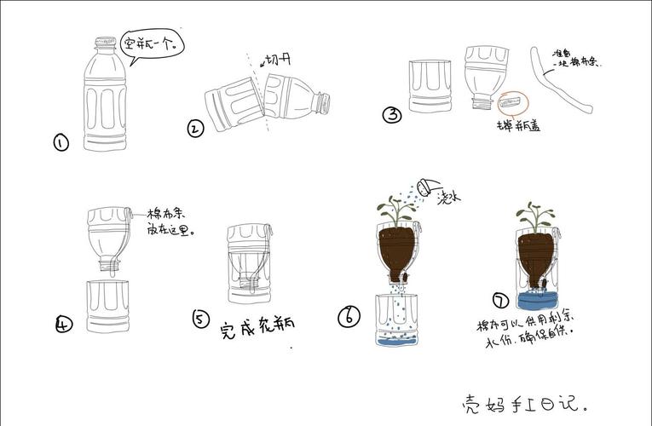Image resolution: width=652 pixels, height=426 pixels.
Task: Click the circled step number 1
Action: click(x=61, y=143)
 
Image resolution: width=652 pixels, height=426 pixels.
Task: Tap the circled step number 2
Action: click(x=195, y=130)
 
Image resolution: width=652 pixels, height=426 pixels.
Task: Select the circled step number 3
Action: click(x=392, y=115)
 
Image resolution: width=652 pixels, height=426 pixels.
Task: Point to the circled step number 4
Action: click(x=64, y=324)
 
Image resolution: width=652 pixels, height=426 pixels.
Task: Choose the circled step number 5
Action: click(x=200, y=319)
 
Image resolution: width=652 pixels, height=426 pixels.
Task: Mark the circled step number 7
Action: click(x=501, y=300)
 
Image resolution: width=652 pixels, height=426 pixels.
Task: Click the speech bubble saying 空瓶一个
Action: click(x=153, y=43)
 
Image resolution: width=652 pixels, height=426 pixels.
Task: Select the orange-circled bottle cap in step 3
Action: click(x=512, y=102)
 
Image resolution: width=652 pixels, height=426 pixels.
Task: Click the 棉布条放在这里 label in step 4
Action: click(x=170, y=222)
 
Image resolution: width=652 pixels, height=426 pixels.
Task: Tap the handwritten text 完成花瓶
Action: click(x=257, y=326)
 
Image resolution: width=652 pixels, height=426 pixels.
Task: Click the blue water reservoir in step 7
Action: click(x=536, y=299)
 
